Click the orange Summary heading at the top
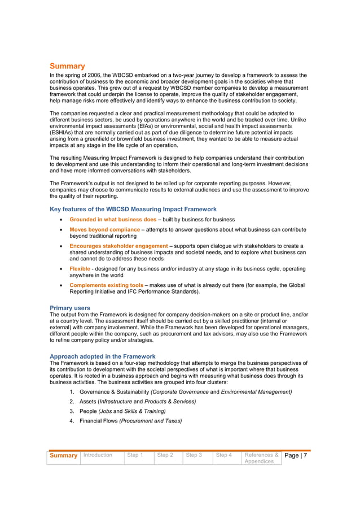[67, 66]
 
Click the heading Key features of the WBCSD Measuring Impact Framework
[133, 209]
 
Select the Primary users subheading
[70, 308]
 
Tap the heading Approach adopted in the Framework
[103, 356]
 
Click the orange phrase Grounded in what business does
[113, 220]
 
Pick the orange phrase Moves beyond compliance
[104, 230]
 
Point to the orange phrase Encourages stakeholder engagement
[118, 246]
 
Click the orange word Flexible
[80, 269]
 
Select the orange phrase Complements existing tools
[106, 286]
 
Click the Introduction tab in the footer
[98, 455]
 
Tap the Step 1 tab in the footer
[134, 455]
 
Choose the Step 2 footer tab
[165, 455]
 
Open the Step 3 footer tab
[194, 455]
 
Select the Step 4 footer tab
[224, 455]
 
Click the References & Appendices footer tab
[261, 458]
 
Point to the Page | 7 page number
[296, 456]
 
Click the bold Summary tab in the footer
[63, 456]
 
